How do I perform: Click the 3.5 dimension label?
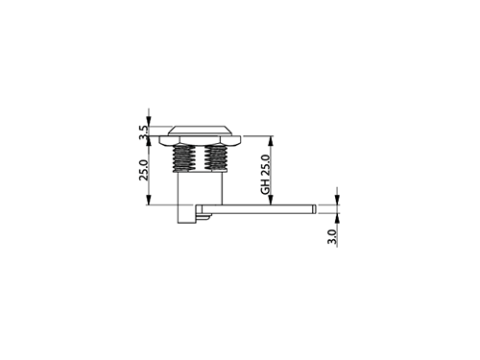point(144,132)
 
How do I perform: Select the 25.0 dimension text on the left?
point(144,170)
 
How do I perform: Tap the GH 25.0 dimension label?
point(266,175)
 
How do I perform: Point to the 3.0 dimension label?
point(332,237)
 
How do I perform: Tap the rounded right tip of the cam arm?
point(315,209)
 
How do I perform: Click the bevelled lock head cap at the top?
point(200,131)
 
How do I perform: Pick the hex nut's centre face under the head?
point(200,140)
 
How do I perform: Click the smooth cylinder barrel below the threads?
point(200,188)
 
